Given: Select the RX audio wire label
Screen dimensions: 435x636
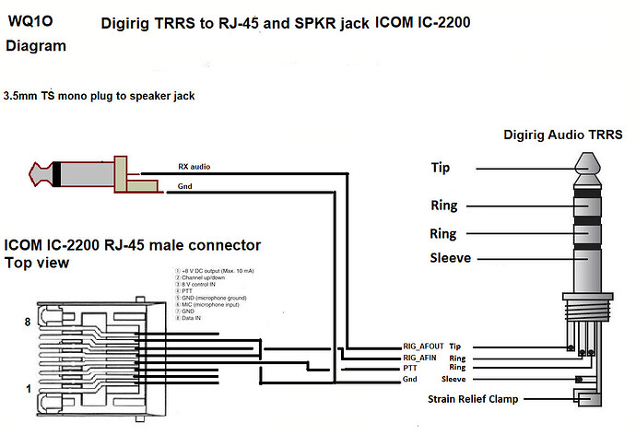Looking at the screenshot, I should tap(194, 167).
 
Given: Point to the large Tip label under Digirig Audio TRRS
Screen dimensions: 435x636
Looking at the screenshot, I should tap(441, 168).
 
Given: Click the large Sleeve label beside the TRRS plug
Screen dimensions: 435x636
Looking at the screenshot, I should tap(452, 259).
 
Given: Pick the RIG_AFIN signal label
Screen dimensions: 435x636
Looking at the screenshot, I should tap(419, 357).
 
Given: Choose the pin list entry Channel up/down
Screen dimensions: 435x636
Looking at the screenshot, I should tap(208, 278).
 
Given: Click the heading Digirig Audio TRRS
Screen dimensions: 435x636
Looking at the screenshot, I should tap(561, 135).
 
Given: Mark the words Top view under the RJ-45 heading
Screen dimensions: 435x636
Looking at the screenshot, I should tap(37, 263).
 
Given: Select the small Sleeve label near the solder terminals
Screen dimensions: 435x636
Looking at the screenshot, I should tap(454, 379).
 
